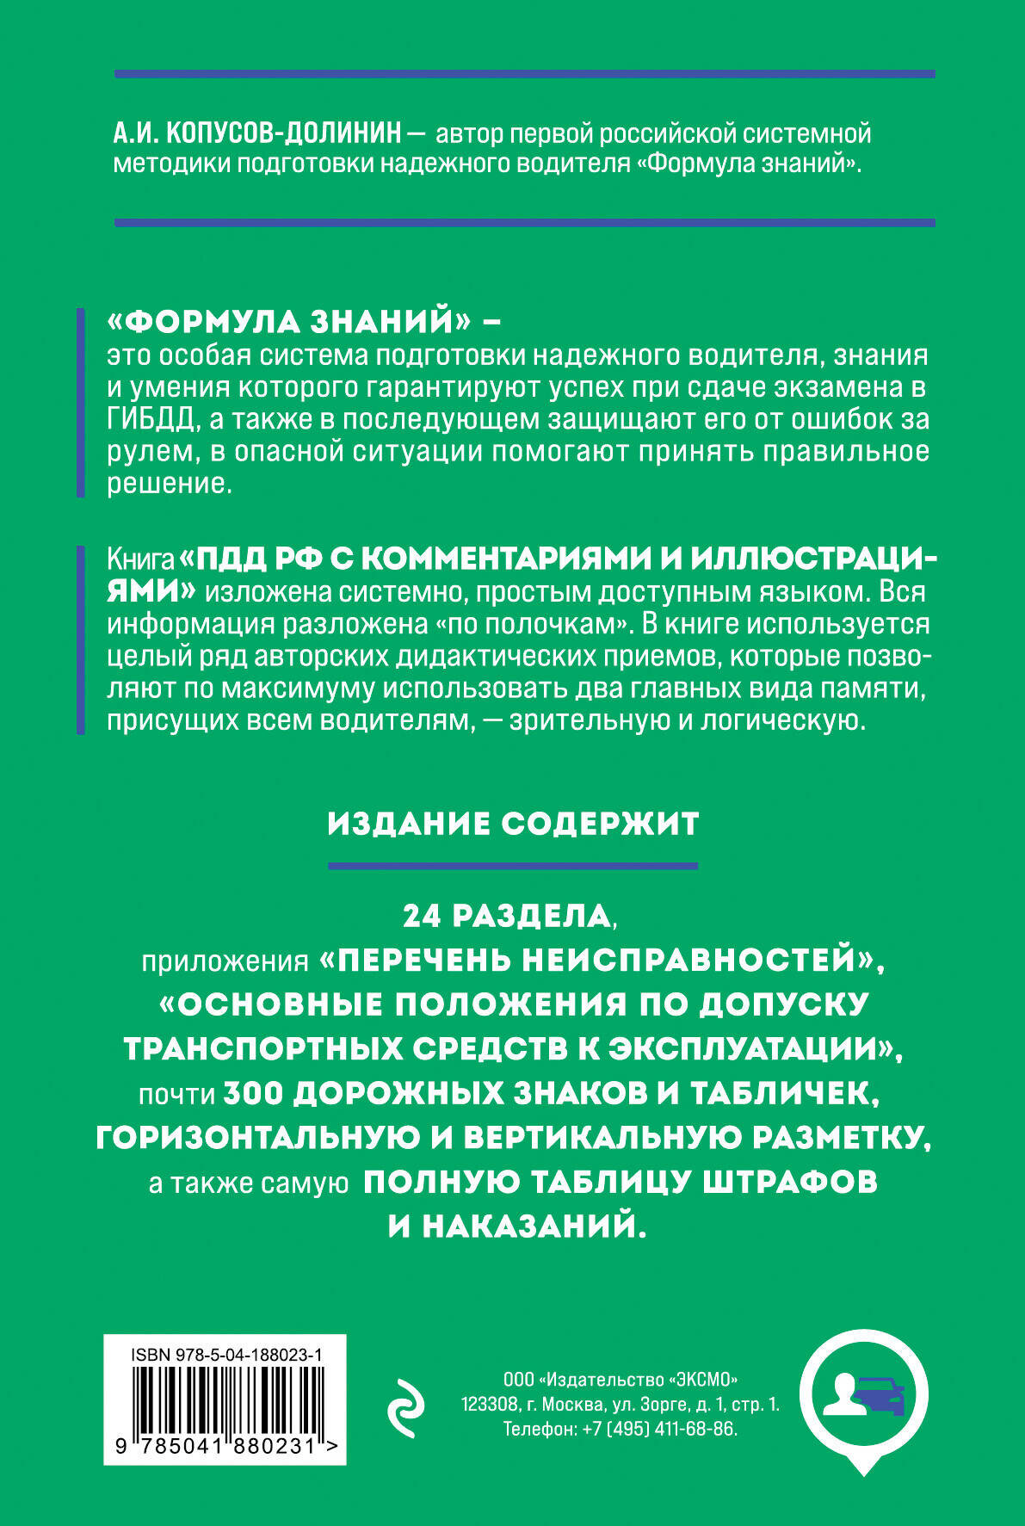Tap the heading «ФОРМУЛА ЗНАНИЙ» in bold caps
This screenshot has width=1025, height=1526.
[292, 323]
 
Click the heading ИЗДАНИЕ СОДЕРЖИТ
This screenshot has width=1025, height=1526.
[513, 825]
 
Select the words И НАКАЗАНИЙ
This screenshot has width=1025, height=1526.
[516, 1226]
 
